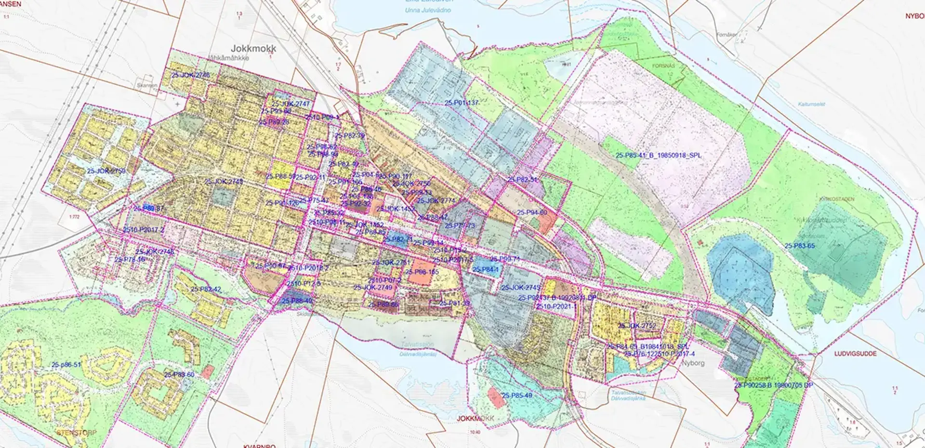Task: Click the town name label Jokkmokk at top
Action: (253, 49)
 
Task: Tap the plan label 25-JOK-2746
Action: (190, 75)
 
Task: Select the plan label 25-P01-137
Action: (462, 103)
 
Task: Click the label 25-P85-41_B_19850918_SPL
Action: (658, 156)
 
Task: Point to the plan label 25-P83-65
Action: (799, 246)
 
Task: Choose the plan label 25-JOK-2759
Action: (106, 171)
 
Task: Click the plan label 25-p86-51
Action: (66, 365)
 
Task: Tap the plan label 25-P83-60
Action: (179, 374)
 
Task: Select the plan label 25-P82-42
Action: (206, 290)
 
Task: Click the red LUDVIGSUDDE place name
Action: (855, 354)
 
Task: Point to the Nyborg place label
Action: (693, 363)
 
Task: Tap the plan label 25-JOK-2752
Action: (637, 326)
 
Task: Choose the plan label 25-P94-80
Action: (532, 212)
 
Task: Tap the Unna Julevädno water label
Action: (428, 10)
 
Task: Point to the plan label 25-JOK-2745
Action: (520, 288)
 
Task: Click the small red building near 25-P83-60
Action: (208, 371)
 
